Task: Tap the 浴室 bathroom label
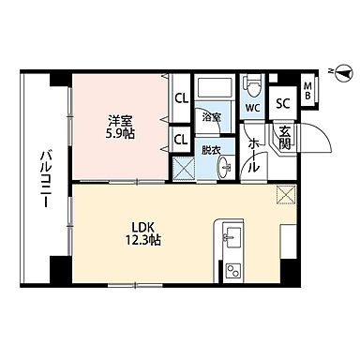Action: click(x=212, y=117)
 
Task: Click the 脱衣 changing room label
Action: click(x=210, y=150)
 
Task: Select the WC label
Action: click(x=252, y=109)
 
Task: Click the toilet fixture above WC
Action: click(x=252, y=85)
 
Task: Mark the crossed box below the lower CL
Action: click(x=182, y=169)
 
